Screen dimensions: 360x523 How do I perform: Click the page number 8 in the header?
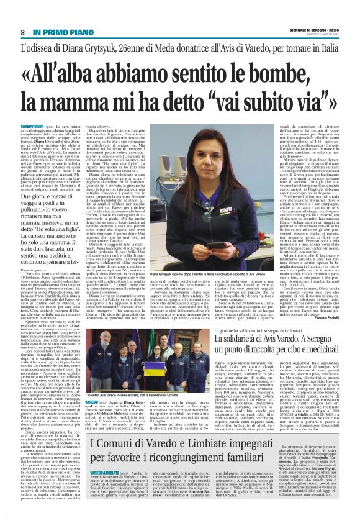pyautogui.click(x=23, y=32)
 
